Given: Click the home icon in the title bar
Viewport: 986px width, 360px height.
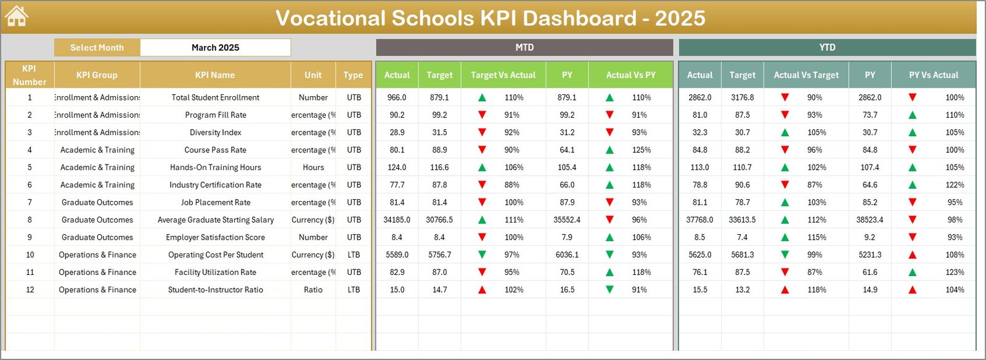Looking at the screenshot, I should [x=16, y=17].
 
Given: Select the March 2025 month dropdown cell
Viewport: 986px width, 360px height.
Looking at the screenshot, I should [x=215, y=47].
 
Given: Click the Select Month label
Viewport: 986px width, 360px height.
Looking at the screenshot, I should [x=97, y=47].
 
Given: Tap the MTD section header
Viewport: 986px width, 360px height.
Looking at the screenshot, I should [x=524, y=47].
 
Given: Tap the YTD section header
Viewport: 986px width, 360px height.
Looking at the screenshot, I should [x=827, y=47].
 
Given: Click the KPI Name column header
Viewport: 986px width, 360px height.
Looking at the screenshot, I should [x=215, y=75].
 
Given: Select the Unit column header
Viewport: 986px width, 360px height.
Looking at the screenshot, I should [x=313, y=75].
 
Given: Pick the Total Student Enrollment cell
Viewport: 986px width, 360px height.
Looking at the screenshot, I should [x=215, y=97].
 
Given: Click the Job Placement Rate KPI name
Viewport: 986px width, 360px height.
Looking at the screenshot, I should [x=215, y=202].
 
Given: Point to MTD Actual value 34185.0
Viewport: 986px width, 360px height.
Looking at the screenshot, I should [x=397, y=219].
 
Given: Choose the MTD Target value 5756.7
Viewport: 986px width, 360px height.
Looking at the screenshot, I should [x=439, y=255].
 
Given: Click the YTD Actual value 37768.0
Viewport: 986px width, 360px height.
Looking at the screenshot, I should [x=699, y=219].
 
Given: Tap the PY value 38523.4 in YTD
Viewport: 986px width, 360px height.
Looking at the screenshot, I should [x=870, y=219].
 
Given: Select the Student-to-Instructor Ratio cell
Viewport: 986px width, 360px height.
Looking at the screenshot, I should [x=215, y=290].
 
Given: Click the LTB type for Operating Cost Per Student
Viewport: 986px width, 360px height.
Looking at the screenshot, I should [x=354, y=255].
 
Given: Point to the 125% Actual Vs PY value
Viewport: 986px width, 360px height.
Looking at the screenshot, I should [x=642, y=150].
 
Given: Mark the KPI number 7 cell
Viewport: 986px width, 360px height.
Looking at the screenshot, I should [x=30, y=202].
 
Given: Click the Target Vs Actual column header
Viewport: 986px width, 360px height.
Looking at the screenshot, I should [x=503, y=75].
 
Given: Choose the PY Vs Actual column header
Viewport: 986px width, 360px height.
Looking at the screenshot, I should [x=934, y=75].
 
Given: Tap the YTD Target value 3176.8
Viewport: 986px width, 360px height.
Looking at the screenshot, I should [x=742, y=97].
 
